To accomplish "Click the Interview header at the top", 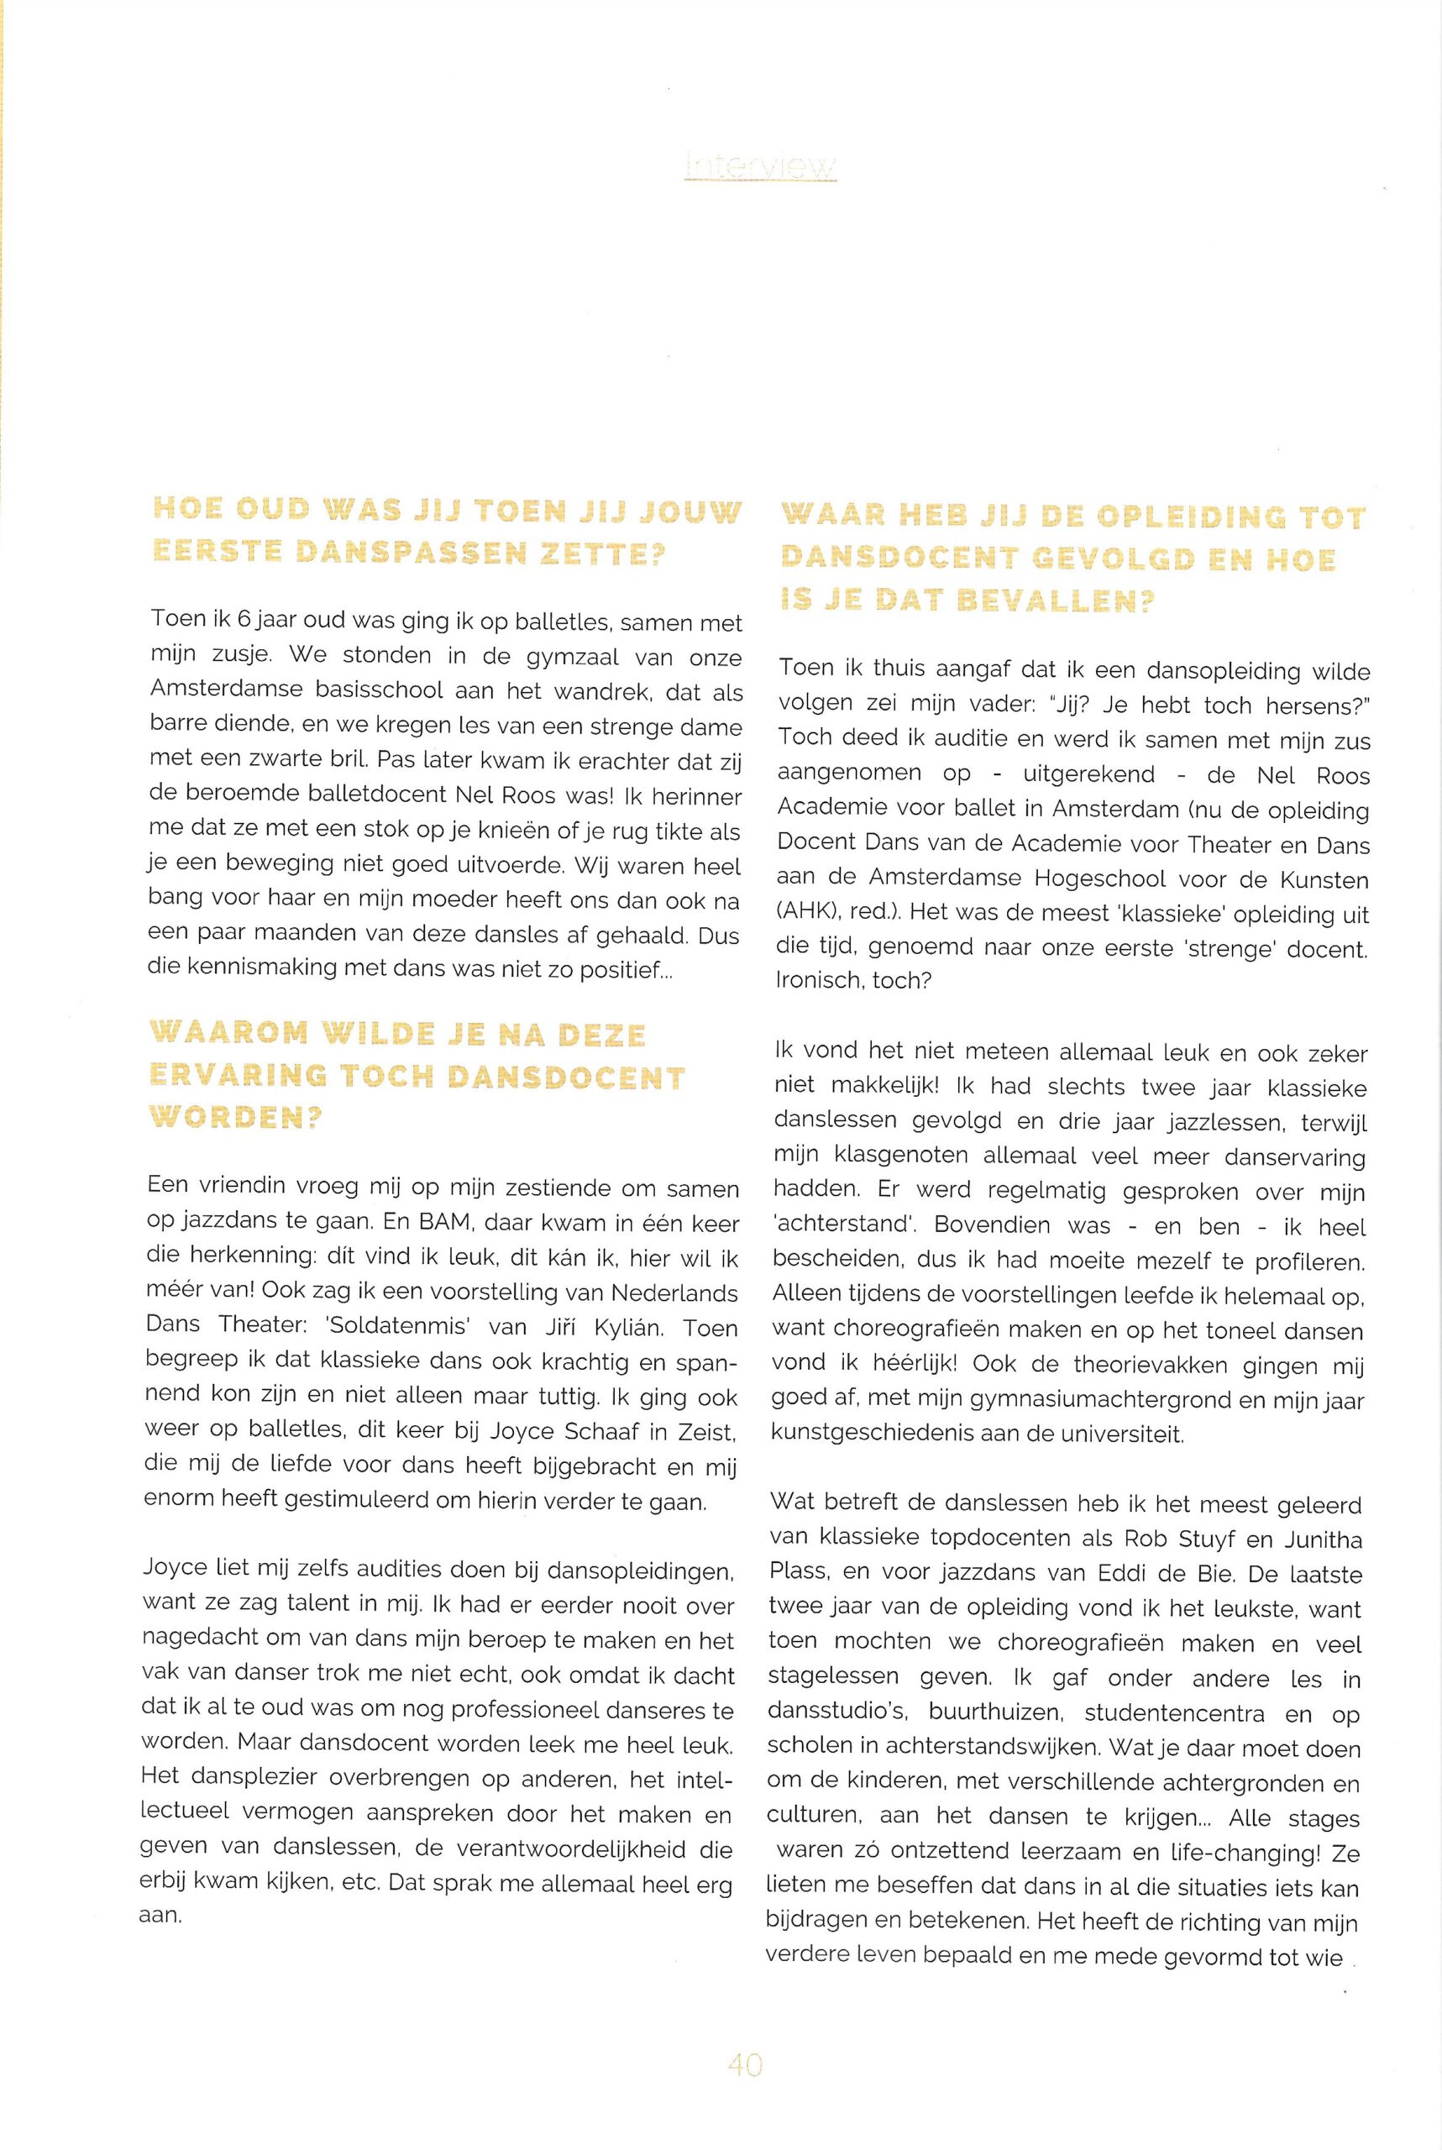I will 761,166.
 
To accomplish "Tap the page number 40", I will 745,2064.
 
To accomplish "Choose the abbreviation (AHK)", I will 805,914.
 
